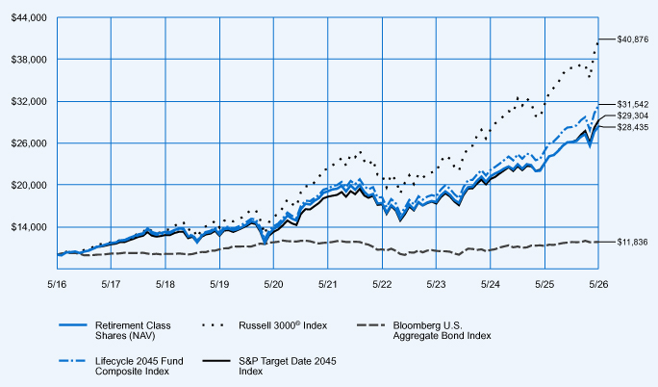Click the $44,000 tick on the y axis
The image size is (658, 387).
click(29, 18)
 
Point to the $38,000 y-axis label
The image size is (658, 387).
click(29, 60)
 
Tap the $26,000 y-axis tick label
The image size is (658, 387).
click(29, 143)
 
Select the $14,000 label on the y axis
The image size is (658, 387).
click(29, 227)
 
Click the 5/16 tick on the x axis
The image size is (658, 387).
click(57, 284)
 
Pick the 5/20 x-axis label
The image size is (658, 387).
click(273, 284)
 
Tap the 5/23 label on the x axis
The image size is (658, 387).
click(437, 284)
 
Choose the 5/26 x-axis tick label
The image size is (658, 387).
click(598, 284)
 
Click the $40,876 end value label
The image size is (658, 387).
click(633, 39)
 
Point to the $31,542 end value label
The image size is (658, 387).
click(633, 104)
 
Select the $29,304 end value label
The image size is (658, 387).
click(633, 116)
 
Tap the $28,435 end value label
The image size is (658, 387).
click(633, 127)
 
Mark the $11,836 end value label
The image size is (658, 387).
click(633, 243)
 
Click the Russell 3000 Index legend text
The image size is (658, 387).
click(283, 325)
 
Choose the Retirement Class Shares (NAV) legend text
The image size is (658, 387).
click(133, 330)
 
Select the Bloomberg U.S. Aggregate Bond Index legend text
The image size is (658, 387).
click(442, 330)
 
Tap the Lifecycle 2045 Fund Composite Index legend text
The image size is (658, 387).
click(139, 366)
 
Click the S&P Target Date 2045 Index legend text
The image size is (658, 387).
click(288, 366)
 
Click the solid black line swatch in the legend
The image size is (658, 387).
click(215, 361)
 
